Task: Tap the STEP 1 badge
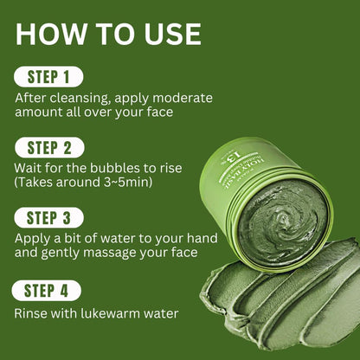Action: [x=48, y=76]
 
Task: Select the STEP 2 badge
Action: [x=48, y=146]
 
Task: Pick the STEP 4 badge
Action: [x=48, y=290]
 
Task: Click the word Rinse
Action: [x=32, y=315]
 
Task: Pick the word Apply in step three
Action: [x=33, y=235]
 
